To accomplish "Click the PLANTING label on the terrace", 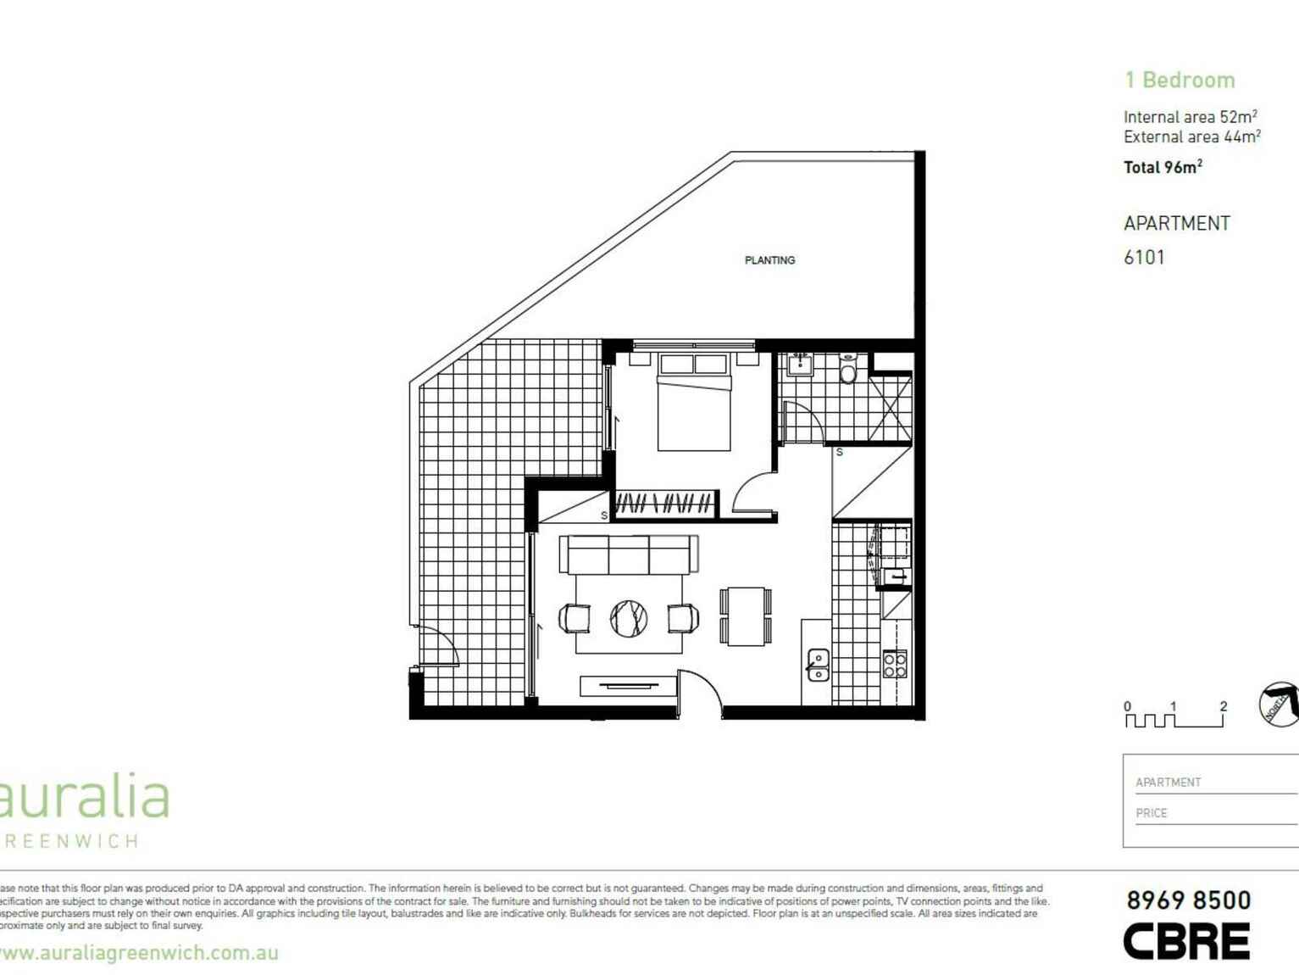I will click(x=769, y=260).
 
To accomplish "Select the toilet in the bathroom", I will click(x=849, y=370).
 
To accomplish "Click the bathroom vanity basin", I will click(x=800, y=365).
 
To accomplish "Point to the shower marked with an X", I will click(x=890, y=408).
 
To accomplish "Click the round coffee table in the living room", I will click(x=629, y=617).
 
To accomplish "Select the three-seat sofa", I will click(x=629, y=554).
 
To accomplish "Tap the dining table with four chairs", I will click(x=747, y=616).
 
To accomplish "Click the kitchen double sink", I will click(x=818, y=665).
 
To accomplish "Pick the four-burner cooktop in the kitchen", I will click(x=895, y=664).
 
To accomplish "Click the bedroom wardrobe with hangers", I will click(x=664, y=504).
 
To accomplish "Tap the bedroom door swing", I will click(x=752, y=493).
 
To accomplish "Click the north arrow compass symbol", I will click(x=1279, y=704).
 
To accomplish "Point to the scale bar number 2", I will click(x=1223, y=705).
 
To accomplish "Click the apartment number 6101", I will click(x=1144, y=257).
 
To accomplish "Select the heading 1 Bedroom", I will click(x=1180, y=81).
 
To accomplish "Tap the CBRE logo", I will click(x=1186, y=941).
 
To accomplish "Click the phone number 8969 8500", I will click(x=1188, y=900).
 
